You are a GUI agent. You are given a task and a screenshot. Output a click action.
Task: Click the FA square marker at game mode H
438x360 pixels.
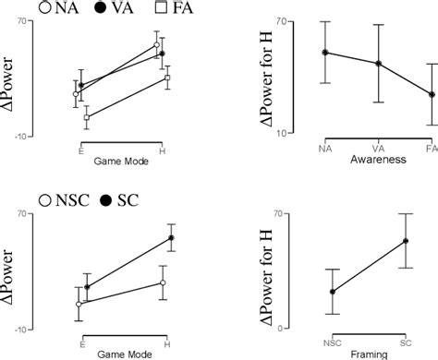point(167,78)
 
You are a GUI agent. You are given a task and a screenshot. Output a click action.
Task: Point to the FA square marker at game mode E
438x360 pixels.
point(86,118)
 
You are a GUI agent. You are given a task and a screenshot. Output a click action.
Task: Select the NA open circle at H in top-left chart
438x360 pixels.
point(157,44)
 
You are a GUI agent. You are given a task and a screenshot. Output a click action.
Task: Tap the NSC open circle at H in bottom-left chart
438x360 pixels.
point(162,282)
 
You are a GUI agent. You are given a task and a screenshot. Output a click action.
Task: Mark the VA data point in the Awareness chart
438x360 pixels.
point(378,64)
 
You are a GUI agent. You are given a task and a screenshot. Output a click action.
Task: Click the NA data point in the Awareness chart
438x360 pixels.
point(325,53)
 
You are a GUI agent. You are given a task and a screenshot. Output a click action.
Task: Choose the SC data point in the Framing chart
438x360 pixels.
point(405,241)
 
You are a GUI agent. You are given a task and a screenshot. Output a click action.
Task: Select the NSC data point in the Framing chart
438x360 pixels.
point(333,292)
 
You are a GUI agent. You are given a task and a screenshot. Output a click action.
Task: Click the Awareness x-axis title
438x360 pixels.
point(378,160)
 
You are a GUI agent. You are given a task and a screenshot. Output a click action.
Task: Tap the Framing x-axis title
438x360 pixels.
point(368,353)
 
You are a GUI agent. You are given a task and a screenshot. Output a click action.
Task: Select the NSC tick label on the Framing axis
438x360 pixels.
point(333,342)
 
